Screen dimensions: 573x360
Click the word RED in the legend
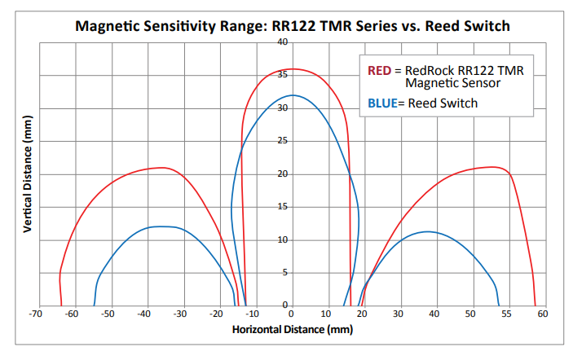[379, 71]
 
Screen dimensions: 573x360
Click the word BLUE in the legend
[382, 103]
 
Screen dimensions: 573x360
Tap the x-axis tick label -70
[35, 314]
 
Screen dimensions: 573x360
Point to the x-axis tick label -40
[144, 314]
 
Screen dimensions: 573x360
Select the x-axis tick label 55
[506, 314]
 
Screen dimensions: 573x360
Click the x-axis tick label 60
[543, 314]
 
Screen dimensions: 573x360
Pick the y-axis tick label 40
[283, 42]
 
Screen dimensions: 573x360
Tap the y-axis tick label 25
[283, 141]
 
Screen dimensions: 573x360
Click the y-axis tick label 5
[285, 272]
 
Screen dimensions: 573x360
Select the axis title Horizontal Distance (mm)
[293, 330]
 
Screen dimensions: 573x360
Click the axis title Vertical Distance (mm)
[28, 174]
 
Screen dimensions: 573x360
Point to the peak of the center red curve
[293, 69]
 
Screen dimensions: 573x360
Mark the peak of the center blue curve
[293, 95]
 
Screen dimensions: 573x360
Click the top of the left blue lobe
[161, 226]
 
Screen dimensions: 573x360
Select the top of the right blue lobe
[427, 232]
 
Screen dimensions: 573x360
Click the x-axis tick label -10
[253, 314]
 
